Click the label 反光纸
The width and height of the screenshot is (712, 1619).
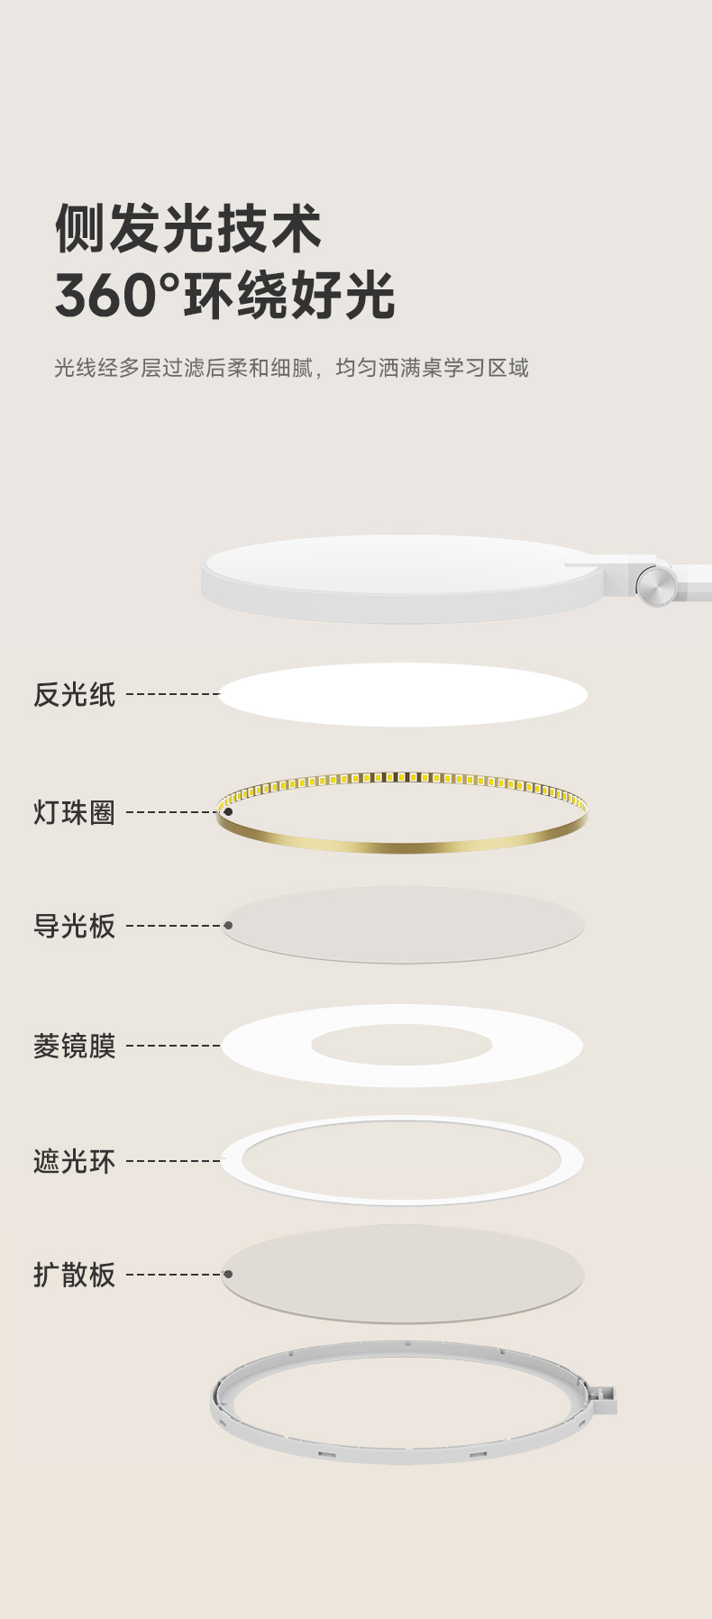click(x=74, y=694)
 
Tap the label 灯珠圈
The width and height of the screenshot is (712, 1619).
click(x=74, y=812)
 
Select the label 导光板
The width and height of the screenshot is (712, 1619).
click(x=74, y=926)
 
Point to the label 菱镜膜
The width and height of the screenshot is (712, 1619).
click(x=74, y=1046)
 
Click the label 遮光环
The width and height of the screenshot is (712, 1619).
click(x=74, y=1161)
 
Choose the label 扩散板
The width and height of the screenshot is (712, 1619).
click(x=74, y=1275)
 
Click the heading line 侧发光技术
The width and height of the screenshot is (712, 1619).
click(x=187, y=228)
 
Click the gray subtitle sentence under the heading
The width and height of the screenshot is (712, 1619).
click(x=291, y=368)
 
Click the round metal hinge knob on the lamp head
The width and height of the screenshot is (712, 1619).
click(x=655, y=586)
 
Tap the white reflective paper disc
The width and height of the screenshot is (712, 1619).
click(x=403, y=694)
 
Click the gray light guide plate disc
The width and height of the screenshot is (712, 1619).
click(x=403, y=925)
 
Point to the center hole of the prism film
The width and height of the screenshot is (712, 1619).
click(x=402, y=1045)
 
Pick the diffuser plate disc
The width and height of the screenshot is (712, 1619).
click(x=403, y=1274)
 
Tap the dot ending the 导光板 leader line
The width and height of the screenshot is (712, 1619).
click(x=228, y=926)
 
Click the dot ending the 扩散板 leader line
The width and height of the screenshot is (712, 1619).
click(x=228, y=1275)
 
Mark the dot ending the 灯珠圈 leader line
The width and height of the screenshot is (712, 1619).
click(x=228, y=812)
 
